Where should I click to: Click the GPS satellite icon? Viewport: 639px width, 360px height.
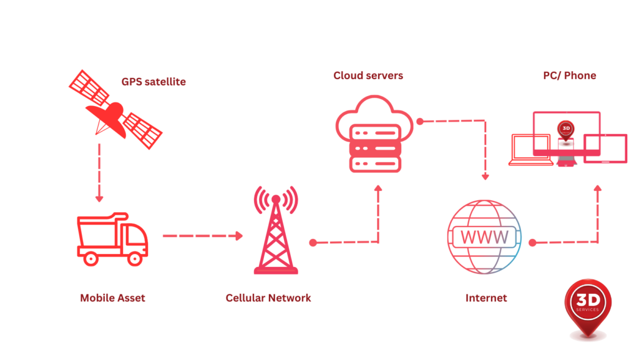click(115, 110)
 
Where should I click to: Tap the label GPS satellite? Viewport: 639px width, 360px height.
click(154, 82)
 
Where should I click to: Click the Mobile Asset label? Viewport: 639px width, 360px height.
click(112, 298)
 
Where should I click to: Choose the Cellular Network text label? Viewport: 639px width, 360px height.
click(268, 298)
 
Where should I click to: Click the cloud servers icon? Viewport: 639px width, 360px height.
click(374, 134)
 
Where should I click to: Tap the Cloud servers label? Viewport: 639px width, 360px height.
click(368, 75)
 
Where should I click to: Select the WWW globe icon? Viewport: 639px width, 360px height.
click(484, 236)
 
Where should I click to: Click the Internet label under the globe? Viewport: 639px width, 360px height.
click(486, 298)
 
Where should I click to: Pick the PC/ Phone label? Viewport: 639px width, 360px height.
click(569, 75)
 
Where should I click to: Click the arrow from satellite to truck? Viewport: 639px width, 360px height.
click(99, 172)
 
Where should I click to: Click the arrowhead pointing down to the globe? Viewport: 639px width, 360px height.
click(485, 177)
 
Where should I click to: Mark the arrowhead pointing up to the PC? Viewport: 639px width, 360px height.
click(597, 188)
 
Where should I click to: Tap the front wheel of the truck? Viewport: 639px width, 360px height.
click(134, 257)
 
